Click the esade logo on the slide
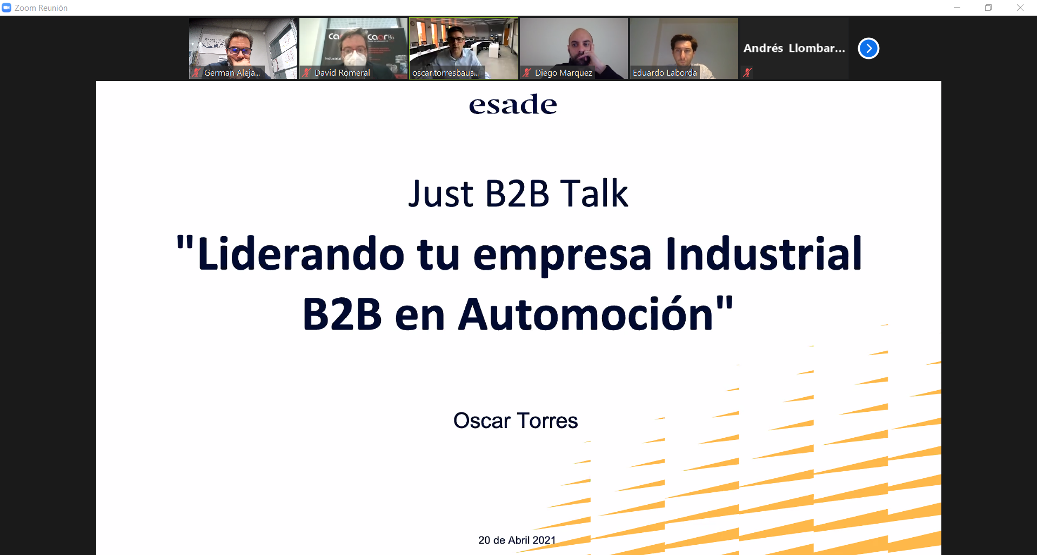pos(513,104)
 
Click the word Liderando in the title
pos(300,254)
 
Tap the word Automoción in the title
pos(586,315)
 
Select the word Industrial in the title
pos(764,254)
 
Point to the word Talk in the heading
pos(594,193)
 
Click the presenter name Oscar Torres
pos(516,420)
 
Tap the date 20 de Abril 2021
pos(517,540)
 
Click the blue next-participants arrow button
pos(868,49)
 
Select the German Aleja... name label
pos(232,73)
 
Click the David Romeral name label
pos(342,73)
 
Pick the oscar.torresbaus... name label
pos(445,73)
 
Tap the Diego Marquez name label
pos(563,73)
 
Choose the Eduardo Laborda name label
pos(665,73)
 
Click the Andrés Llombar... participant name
pos(794,48)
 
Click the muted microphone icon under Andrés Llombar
pos(747,72)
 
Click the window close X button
pos(1020,8)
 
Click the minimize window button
pos(957,8)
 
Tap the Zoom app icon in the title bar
pos(6,8)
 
